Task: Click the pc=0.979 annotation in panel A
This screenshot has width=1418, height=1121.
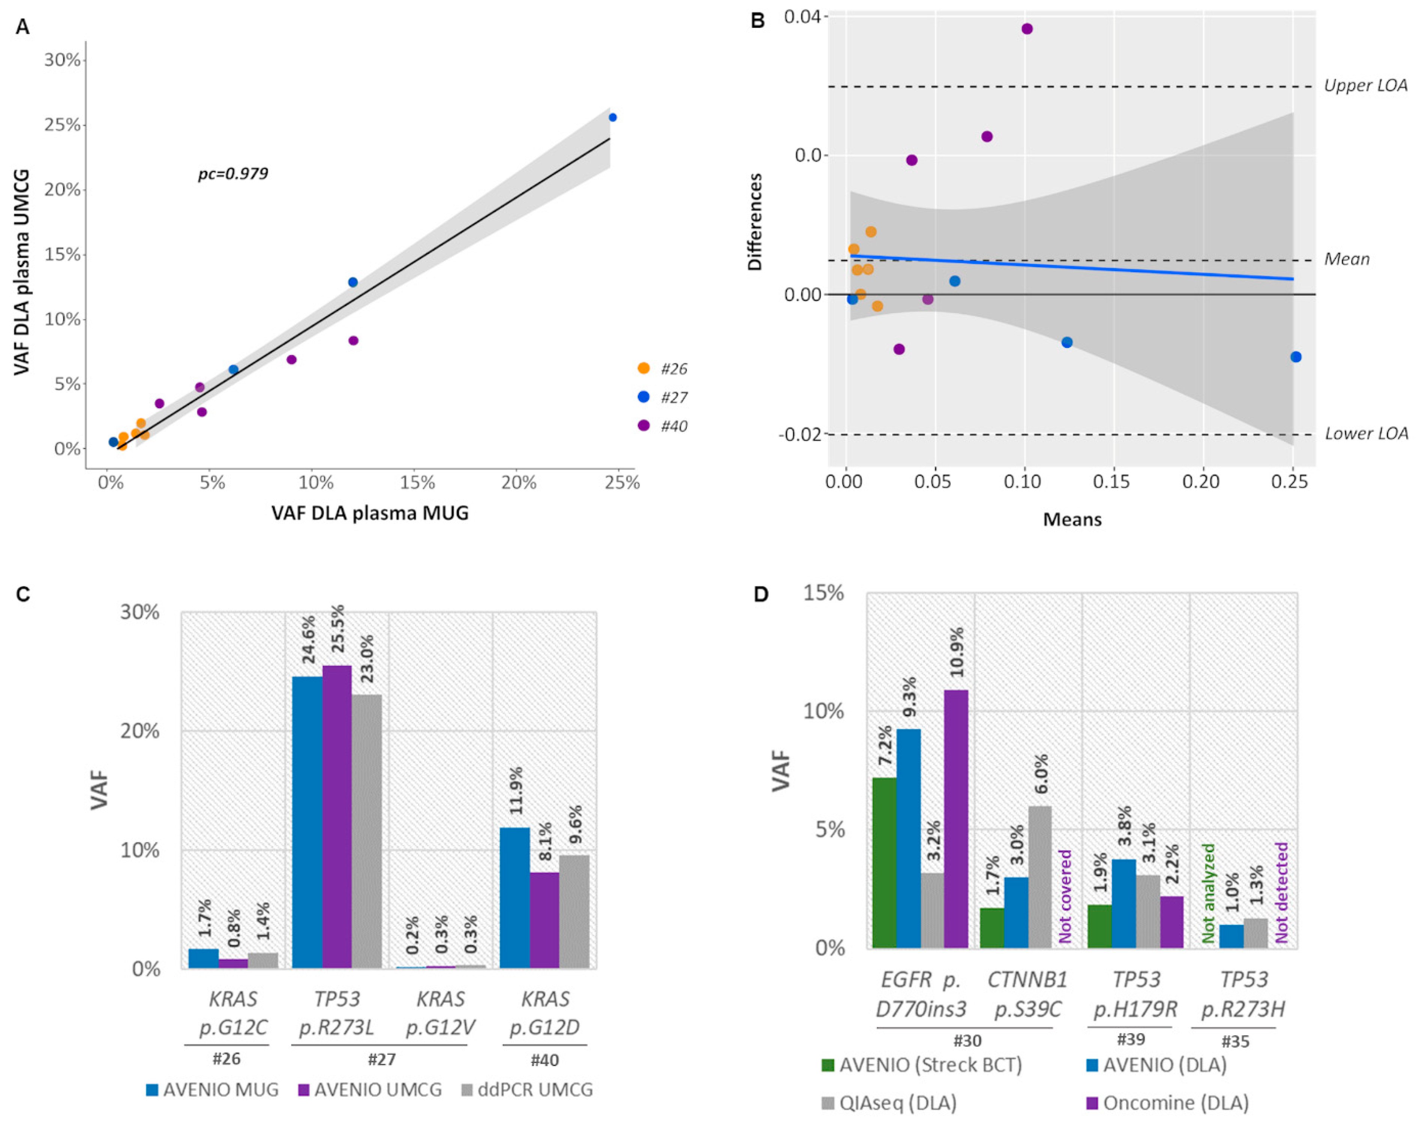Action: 233,174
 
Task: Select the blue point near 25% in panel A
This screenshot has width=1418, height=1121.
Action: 612,117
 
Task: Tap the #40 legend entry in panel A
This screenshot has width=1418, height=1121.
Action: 663,426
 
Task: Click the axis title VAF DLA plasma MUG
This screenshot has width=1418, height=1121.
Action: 370,513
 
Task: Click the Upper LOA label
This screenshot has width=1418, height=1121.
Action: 1365,86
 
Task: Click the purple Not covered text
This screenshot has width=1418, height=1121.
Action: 1065,896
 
